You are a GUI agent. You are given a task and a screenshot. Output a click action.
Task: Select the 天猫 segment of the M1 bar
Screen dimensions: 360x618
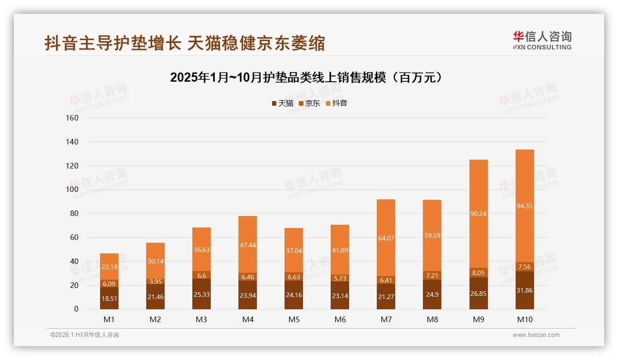click(109, 298)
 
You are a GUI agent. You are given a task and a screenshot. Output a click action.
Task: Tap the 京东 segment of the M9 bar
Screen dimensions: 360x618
click(478, 273)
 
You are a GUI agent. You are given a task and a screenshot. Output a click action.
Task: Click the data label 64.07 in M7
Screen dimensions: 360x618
click(386, 238)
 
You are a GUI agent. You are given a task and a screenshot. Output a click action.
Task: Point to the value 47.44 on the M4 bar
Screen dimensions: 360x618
click(248, 245)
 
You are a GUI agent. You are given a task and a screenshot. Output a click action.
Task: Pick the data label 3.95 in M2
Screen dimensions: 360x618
click(155, 282)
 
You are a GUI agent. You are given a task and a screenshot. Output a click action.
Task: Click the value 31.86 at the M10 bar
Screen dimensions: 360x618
click(524, 290)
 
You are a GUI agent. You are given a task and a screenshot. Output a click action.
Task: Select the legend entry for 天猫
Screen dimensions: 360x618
click(282, 103)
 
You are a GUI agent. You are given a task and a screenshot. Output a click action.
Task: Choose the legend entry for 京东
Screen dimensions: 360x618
click(309, 103)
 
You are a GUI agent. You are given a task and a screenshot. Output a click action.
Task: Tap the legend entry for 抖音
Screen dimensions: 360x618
click(337, 103)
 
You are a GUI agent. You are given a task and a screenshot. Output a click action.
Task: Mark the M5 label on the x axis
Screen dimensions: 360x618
click(294, 319)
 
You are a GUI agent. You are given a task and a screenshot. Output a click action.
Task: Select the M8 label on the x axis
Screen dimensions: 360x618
click(432, 319)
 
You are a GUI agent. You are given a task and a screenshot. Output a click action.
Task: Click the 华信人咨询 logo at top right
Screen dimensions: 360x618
click(542, 40)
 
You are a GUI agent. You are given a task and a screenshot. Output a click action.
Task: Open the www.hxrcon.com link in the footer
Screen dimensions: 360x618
click(536, 335)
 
